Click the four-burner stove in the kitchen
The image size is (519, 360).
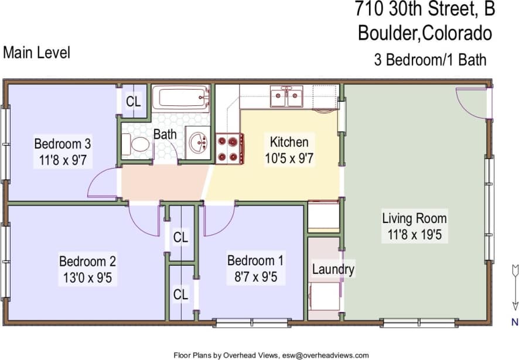point(229,149)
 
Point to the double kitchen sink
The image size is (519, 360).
point(286,97)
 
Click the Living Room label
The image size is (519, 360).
point(414,219)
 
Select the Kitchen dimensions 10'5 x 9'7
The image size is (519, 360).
point(289,157)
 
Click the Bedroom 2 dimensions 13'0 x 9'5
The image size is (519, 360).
point(87,277)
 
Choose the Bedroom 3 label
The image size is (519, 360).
point(62,143)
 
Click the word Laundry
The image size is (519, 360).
point(333,269)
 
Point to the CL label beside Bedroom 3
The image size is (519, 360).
point(134,101)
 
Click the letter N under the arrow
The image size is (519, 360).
point(514,321)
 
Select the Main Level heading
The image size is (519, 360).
point(36,52)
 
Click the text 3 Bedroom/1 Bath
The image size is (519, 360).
point(430,59)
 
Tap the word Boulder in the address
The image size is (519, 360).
point(387,33)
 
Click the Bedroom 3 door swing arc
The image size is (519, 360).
point(101,184)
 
